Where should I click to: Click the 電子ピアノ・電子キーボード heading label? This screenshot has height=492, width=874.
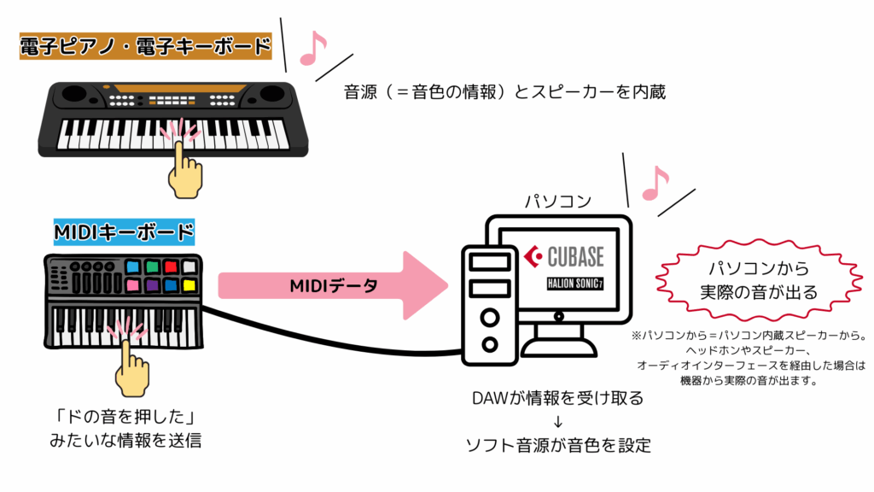pos(145,45)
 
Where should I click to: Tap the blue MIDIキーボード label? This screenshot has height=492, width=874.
pos(124,231)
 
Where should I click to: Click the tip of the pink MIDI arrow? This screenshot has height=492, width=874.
pos(446,285)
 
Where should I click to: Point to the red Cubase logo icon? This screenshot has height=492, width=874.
pos(534,255)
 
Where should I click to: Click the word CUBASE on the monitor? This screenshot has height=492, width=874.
pos(575,255)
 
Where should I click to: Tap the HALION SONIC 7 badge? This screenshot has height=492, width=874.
pos(581,283)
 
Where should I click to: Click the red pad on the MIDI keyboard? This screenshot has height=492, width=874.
pos(171,267)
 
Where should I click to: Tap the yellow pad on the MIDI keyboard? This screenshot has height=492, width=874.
pos(189,285)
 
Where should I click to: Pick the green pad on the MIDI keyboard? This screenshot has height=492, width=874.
pos(152,267)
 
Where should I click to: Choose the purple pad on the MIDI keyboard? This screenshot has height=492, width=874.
pos(152,285)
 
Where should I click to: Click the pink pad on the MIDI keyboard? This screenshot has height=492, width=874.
pos(133,285)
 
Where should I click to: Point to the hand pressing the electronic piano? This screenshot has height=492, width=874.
pos(184,167)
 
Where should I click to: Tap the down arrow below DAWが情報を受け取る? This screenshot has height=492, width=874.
pos(557,421)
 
